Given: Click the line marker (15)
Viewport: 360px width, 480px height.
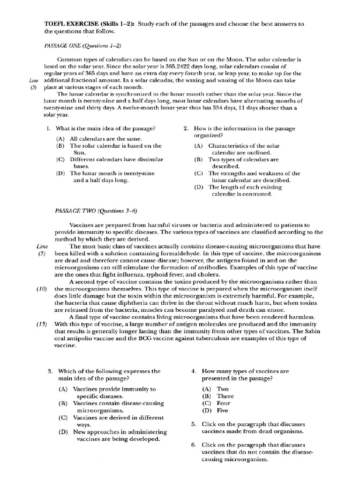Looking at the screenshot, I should (42, 323).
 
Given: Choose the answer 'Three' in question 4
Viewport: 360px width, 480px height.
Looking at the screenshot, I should (225, 396).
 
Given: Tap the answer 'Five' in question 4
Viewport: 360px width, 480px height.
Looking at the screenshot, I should (223, 410).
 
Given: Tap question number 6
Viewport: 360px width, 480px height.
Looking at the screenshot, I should (194, 445).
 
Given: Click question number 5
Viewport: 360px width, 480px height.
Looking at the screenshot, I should (194, 424).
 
